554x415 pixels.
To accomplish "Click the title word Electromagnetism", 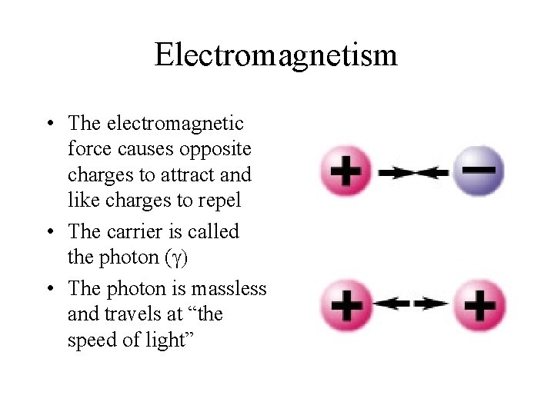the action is click(x=275, y=55).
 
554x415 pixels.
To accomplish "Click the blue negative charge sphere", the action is click(x=478, y=171).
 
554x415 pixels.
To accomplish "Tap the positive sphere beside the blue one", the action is click(x=347, y=171).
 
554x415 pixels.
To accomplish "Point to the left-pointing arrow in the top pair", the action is click(x=431, y=173).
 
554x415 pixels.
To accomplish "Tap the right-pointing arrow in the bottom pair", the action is click(x=431, y=304).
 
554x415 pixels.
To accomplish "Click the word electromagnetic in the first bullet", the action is click(x=175, y=123).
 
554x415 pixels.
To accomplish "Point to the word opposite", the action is click(x=218, y=148).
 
